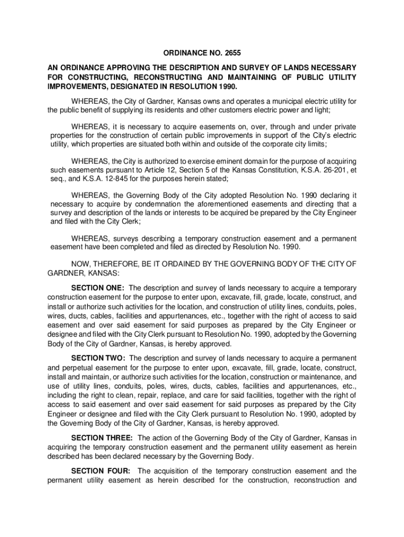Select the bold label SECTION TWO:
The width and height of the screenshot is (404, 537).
[99, 358]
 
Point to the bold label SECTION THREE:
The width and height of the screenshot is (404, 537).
[102, 437]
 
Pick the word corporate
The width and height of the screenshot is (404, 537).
[273, 144]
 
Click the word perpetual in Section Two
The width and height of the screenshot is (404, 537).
[101, 367]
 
